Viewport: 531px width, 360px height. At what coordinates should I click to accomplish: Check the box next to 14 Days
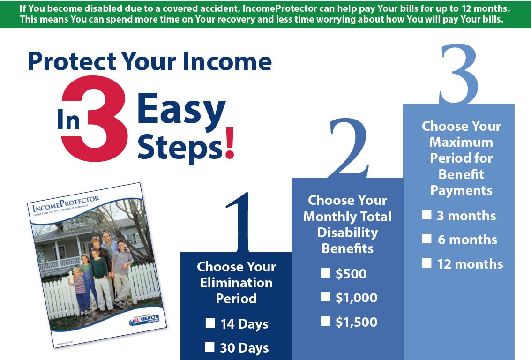coord(210,323)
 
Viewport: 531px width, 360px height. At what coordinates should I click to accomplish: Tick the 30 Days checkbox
coord(210,347)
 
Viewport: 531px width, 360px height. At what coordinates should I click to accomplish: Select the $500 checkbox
coord(325,273)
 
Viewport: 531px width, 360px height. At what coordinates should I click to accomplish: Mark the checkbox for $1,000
coord(325,297)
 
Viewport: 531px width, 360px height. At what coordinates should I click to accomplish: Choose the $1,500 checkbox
coord(325,321)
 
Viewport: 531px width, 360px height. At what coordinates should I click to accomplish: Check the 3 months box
coord(426,215)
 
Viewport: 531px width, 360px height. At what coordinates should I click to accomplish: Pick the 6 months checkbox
coord(426,239)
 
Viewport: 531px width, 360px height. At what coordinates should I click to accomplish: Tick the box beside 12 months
coord(426,263)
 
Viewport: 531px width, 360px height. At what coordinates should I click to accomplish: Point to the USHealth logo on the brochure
coord(144,320)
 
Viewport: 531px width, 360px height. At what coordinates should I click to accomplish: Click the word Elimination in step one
coord(236,283)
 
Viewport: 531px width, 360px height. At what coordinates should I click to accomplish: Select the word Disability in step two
coord(347,232)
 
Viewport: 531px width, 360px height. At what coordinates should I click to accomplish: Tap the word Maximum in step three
coord(461,142)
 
